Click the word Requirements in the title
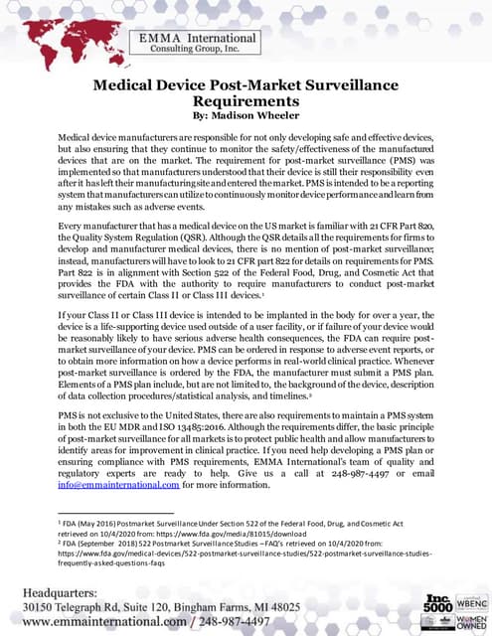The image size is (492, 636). pyautogui.click(x=246, y=101)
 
